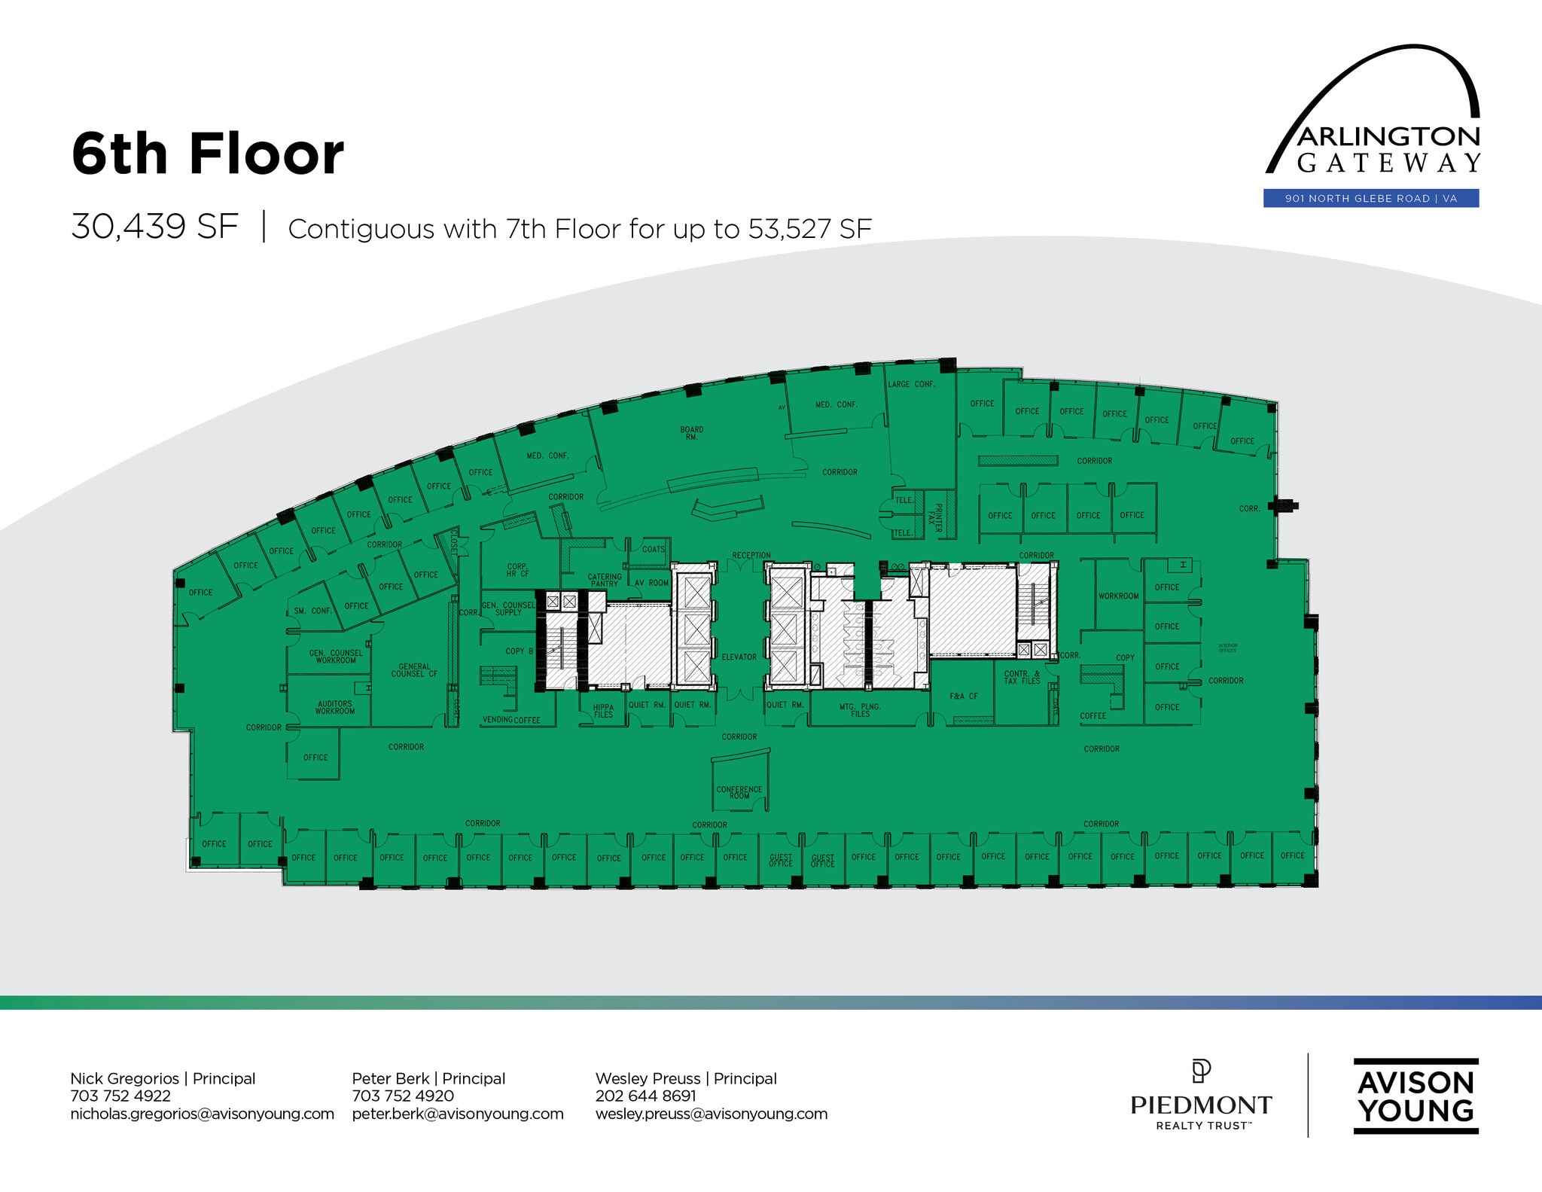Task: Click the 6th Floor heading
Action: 208,154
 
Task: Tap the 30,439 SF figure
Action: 154,227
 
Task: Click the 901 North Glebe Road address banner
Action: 1370,199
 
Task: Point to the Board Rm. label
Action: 691,433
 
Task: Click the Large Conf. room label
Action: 911,384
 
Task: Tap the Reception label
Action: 751,556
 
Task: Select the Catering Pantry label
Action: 604,581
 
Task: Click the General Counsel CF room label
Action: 414,670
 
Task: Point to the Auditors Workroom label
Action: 334,707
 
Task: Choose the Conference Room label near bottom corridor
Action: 739,792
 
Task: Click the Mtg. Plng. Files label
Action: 860,710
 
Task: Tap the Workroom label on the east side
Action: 1118,596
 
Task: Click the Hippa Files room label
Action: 603,710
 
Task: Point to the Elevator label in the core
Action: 739,657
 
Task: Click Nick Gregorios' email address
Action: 202,1114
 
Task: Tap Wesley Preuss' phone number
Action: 645,1096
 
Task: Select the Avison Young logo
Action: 1416,1096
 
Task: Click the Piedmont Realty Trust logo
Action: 1201,1096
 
